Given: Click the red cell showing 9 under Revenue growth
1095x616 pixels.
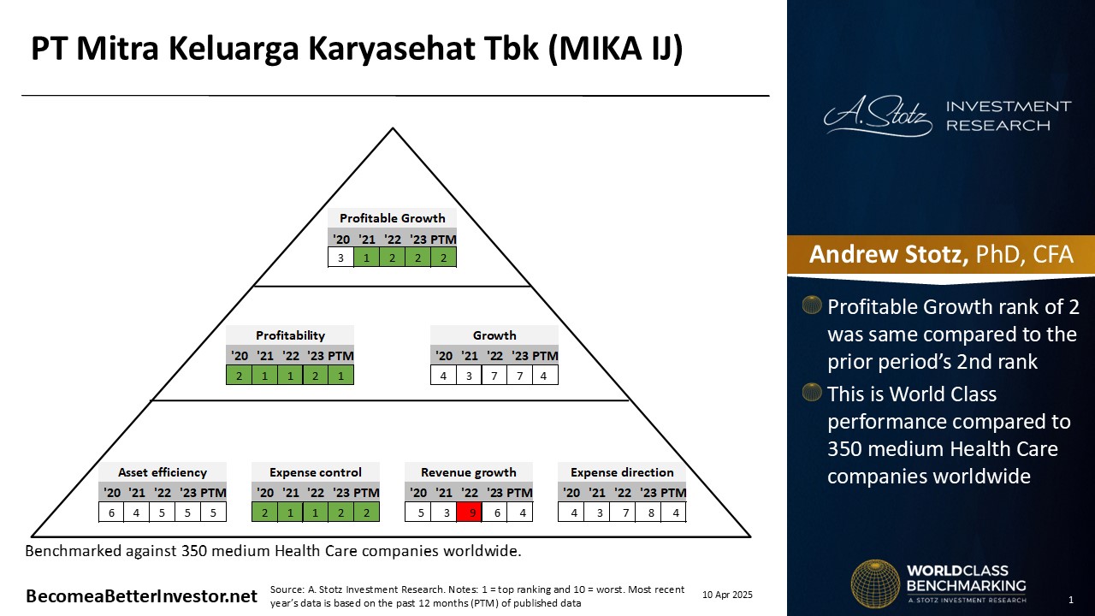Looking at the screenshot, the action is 470,512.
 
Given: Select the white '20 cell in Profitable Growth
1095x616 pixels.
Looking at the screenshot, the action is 340,258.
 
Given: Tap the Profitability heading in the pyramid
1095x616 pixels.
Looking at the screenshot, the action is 290,335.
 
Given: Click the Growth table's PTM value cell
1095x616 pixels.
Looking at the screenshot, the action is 545,376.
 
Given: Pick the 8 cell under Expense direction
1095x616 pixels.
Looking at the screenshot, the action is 651,512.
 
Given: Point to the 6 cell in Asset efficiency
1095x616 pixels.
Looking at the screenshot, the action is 111,512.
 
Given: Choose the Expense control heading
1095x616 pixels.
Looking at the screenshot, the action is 316,472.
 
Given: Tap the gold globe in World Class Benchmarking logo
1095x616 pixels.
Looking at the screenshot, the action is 875,583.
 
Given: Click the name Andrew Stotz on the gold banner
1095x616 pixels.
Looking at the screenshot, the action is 888,254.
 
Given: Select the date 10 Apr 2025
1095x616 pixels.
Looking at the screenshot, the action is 727,595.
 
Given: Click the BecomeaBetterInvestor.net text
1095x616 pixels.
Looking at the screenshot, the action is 141,596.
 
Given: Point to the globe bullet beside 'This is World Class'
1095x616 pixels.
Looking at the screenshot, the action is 812,393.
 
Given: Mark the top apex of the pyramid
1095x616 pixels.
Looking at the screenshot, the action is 393,128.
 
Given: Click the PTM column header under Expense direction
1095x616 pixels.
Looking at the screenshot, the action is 672,493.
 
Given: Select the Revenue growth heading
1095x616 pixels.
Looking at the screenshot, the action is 468,472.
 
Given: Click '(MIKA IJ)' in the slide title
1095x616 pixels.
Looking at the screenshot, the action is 616,49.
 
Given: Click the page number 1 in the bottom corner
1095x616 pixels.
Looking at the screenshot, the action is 1071,600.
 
